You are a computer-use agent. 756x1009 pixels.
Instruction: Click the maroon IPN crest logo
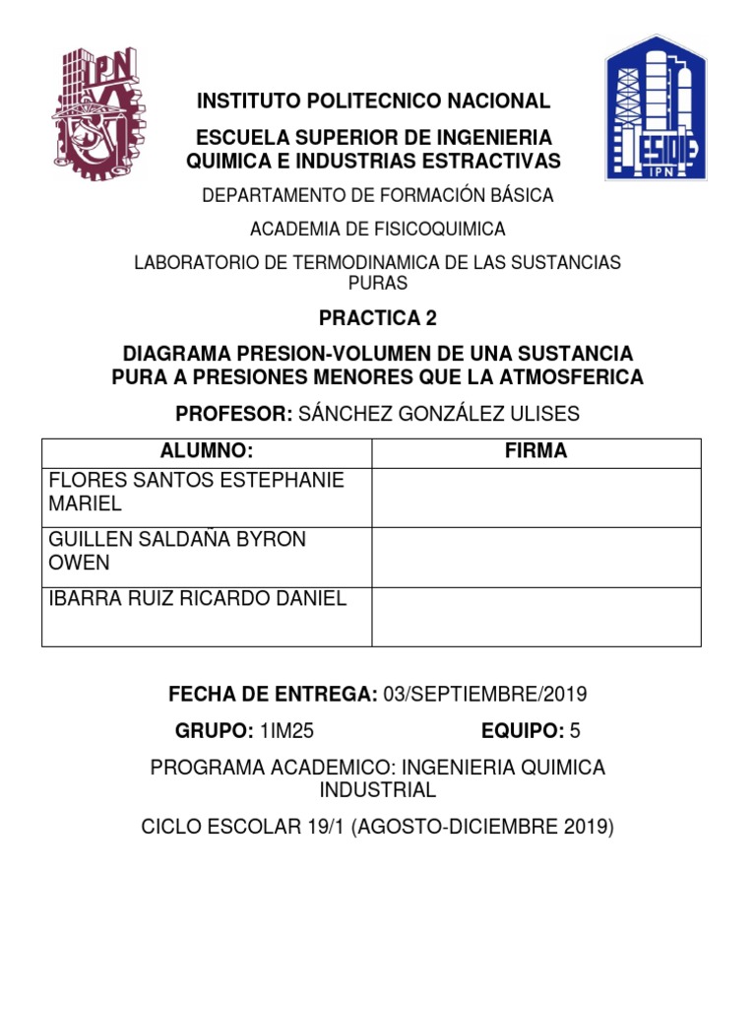[x=94, y=112]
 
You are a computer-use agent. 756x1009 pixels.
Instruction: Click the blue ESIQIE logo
[x=655, y=107]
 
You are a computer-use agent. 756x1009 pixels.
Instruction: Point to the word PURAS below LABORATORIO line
[x=378, y=283]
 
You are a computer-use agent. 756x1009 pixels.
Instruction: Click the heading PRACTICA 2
[x=377, y=319]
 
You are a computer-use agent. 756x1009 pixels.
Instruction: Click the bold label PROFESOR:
[x=230, y=414]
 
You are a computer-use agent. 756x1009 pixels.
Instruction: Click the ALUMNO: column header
[x=207, y=452]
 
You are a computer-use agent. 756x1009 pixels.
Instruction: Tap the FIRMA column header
[x=535, y=452]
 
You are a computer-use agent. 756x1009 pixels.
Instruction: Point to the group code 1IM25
[x=288, y=730]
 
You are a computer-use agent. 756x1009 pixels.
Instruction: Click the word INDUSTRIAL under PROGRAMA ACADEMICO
[x=378, y=790]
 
